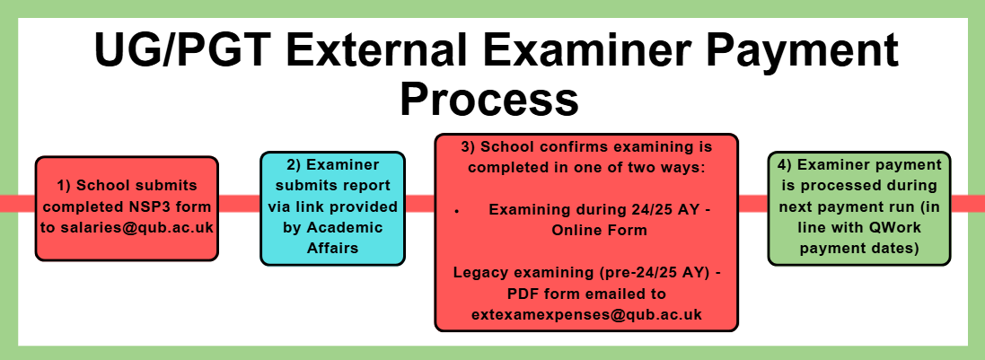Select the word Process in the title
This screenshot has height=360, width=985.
(489, 99)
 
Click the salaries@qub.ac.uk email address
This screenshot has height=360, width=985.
(127, 228)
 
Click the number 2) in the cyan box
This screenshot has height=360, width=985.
(295, 165)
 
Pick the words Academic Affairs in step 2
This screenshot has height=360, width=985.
(333, 238)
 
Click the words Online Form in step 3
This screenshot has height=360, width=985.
(599, 231)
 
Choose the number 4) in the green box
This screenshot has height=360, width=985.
(786, 165)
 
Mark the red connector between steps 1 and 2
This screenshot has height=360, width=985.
(240, 204)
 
